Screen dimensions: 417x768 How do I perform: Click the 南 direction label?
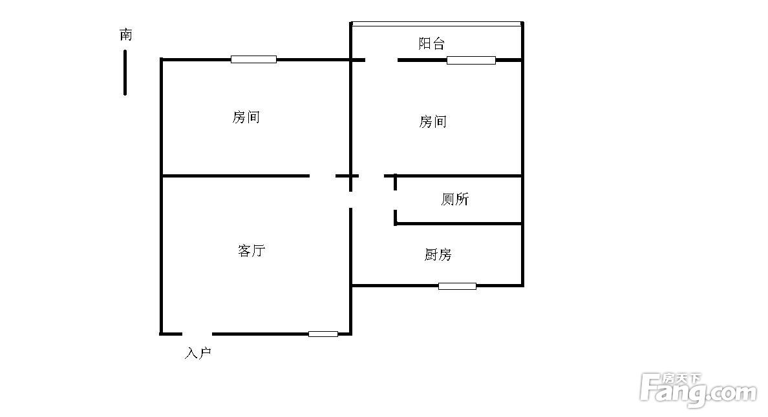[x=126, y=35]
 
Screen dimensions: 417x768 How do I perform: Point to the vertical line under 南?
[x=125, y=72]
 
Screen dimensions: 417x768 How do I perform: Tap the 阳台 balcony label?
[x=431, y=44]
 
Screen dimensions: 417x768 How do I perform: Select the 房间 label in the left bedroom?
[x=246, y=117]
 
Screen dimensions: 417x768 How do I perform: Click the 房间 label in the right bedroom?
[x=432, y=121]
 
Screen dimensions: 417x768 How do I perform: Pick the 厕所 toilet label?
[x=454, y=199]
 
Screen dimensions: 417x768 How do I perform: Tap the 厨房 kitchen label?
[x=438, y=255]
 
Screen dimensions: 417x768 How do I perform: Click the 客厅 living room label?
[x=251, y=250]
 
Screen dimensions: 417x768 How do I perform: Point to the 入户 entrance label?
[x=198, y=353]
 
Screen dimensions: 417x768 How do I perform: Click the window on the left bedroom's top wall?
[x=253, y=59]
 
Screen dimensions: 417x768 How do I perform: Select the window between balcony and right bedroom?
[x=471, y=60]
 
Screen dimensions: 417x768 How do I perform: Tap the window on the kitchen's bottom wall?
[x=457, y=286]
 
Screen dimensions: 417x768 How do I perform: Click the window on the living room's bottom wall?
[x=323, y=334]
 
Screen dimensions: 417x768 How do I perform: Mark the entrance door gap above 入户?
[x=197, y=334]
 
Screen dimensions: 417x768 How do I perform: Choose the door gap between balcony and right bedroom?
[x=381, y=60]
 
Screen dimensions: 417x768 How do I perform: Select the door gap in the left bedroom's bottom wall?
[x=323, y=176]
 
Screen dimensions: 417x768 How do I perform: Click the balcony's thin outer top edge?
[x=436, y=24]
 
